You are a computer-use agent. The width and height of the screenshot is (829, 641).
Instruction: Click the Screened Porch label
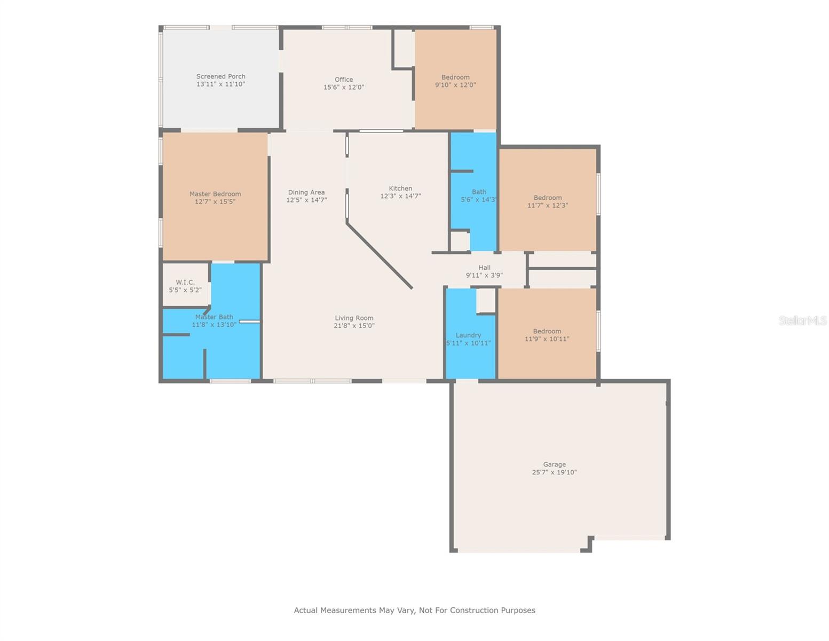[x=220, y=76]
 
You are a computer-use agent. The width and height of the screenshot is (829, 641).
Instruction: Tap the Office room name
[x=344, y=80]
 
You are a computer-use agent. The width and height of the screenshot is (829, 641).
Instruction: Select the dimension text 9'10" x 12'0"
[x=455, y=85]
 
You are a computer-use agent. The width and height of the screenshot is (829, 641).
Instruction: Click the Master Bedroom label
[x=215, y=194]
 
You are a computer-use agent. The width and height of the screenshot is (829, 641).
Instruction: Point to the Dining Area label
[x=306, y=192]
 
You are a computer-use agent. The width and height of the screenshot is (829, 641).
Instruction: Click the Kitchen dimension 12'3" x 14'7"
[x=400, y=196]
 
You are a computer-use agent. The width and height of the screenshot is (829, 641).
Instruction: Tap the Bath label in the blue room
[x=479, y=192]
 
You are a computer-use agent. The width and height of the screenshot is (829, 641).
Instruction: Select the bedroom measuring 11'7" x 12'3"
[x=547, y=201]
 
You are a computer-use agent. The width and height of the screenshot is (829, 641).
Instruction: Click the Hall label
[x=484, y=268]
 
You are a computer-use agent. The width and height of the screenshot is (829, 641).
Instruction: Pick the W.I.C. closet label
[x=185, y=282]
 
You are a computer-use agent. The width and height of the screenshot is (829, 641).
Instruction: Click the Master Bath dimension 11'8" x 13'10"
[x=214, y=325]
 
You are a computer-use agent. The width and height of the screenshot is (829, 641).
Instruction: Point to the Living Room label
[x=354, y=318]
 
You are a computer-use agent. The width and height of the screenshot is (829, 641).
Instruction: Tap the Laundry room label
[x=468, y=335]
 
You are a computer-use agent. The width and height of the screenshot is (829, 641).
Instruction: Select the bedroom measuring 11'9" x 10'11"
[x=547, y=335]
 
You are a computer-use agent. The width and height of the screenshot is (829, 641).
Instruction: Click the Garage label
[x=554, y=465]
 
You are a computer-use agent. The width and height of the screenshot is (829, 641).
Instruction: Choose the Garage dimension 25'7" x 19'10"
[x=554, y=472]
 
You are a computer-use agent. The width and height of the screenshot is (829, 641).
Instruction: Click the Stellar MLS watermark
[x=802, y=320]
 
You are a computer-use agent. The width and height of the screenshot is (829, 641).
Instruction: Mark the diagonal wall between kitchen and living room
[x=379, y=256]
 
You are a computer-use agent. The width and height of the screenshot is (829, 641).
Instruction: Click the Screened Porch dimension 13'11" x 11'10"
[x=220, y=84]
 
